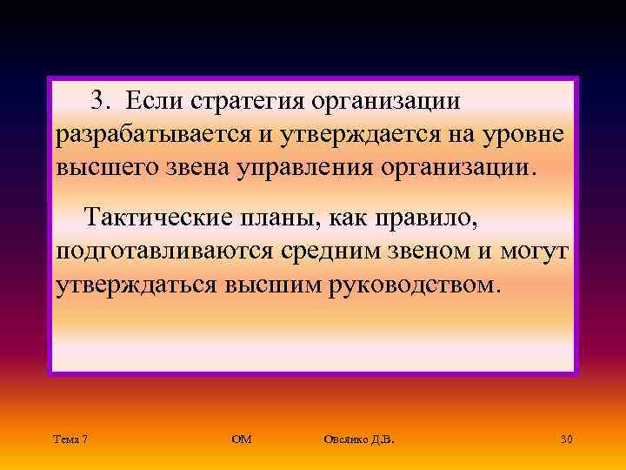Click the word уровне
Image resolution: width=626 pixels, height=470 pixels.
[526, 136]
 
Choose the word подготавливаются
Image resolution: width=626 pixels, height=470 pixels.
[164, 252]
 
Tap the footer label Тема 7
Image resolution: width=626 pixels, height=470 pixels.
[69, 439]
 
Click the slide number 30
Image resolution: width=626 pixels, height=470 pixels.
[566, 439]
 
